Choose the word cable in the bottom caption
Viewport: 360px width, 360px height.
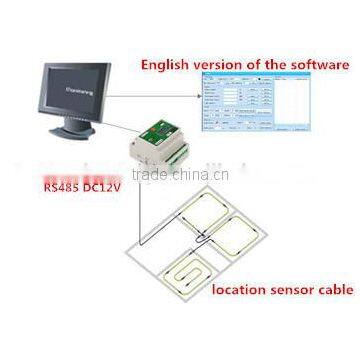pos(335,292)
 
